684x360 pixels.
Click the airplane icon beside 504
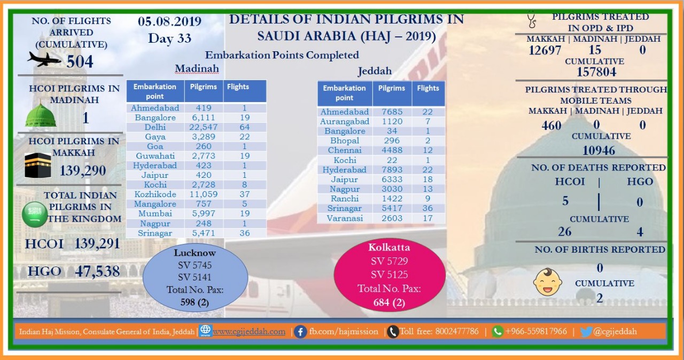click(x=44, y=59)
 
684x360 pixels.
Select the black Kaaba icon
click(x=37, y=165)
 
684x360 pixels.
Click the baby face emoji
click(x=548, y=282)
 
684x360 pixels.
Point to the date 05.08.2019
click(x=169, y=21)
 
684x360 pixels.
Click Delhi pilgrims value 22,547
click(x=204, y=127)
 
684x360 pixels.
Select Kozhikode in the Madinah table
click(x=155, y=194)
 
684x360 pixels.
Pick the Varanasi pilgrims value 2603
click(x=392, y=218)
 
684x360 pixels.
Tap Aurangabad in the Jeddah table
click(x=345, y=121)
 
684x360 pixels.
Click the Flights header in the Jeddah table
click(x=428, y=88)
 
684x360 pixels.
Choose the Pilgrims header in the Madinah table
click(x=204, y=87)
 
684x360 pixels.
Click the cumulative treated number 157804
click(x=596, y=72)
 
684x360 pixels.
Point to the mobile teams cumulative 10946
click(x=598, y=151)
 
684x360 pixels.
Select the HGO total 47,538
click(x=97, y=271)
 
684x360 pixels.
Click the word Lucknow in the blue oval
click(x=195, y=253)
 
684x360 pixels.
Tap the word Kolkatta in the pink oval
click(x=389, y=247)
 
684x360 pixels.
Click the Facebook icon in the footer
click(x=300, y=332)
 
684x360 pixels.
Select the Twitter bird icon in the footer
click(x=586, y=332)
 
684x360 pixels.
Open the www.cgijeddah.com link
click(x=249, y=332)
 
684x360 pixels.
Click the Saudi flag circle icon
click(x=35, y=215)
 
